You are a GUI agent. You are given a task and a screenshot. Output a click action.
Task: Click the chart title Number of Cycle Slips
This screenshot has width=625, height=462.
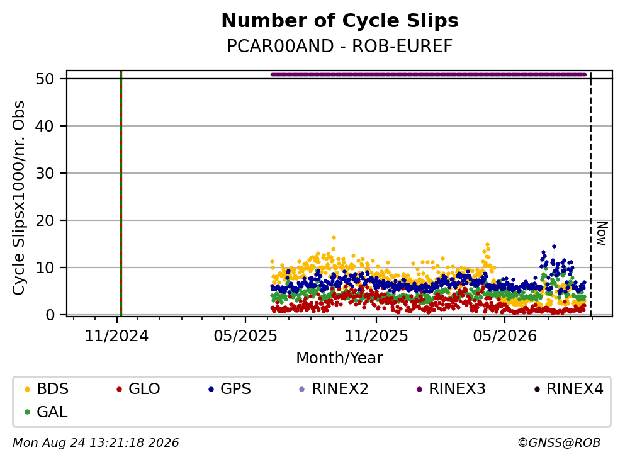point(340,21)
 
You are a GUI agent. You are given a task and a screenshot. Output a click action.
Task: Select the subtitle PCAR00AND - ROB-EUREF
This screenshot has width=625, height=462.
point(340,46)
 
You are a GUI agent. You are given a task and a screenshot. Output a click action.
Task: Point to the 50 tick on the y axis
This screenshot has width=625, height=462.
point(45,79)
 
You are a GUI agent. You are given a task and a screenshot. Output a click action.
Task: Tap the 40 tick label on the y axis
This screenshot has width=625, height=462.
point(45,126)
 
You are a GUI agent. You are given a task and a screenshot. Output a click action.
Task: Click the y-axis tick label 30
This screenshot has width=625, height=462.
point(45,173)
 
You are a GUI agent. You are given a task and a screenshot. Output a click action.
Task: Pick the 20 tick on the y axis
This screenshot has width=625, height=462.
point(45,220)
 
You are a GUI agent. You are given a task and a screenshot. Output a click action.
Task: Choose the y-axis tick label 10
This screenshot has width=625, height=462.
point(45,268)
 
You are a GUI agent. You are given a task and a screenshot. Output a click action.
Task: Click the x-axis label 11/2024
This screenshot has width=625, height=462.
point(116,336)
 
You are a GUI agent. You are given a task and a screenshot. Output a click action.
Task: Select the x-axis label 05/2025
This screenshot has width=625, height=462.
point(245,336)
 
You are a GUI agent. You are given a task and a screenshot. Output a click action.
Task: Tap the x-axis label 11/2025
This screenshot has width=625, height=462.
point(376,336)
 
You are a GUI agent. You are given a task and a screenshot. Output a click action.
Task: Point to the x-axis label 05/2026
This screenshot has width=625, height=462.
point(505,336)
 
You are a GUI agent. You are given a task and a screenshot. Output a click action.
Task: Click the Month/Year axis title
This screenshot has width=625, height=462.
point(340,358)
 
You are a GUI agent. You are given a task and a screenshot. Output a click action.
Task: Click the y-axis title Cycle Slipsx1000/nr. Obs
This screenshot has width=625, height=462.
point(18,198)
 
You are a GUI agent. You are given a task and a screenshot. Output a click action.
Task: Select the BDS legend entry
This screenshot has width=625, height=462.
point(46,388)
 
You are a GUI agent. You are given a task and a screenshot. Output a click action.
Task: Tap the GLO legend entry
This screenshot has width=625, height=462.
point(138,388)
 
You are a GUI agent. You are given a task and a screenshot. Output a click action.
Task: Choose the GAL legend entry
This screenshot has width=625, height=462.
point(46,412)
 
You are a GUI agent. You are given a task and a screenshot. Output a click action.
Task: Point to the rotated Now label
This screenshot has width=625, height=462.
point(602,234)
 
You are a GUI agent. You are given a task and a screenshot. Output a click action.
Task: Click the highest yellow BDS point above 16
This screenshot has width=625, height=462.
point(334,237)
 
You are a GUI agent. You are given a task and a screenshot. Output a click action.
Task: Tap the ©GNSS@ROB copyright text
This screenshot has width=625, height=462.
point(559,442)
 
